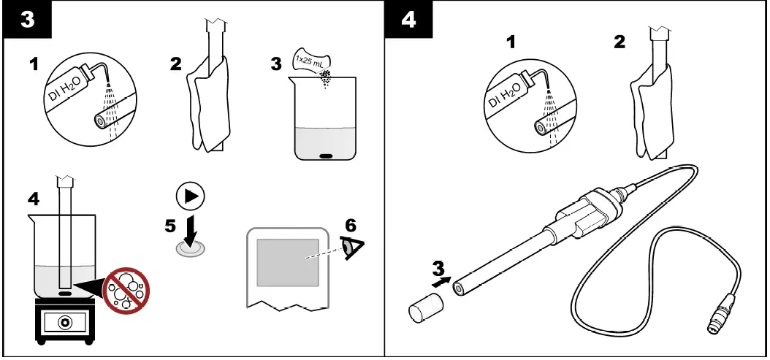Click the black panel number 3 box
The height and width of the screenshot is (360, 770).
pyautogui.click(x=27, y=19)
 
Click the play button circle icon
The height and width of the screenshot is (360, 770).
pyautogui.click(x=191, y=196)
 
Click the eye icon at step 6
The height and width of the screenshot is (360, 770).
pyautogui.click(x=354, y=248)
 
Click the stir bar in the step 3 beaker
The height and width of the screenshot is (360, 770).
pyautogui.click(x=325, y=156)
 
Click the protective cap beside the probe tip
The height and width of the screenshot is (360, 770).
pyautogui.click(x=425, y=307)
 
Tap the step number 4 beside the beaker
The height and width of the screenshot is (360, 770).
pyautogui.click(x=34, y=199)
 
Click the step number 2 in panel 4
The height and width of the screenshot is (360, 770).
pyautogui.click(x=620, y=42)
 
